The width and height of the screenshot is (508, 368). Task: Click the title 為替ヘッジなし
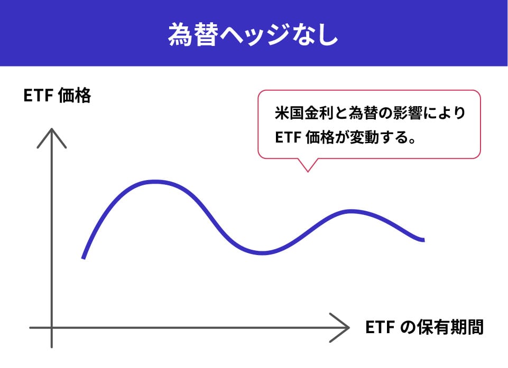(253, 34)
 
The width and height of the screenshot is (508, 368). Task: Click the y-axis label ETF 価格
(57, 96)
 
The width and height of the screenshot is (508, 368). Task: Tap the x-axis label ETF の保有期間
(424, 327)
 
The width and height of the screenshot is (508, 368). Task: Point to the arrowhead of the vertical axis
(52, 129)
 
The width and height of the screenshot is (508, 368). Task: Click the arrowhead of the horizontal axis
(348, 327)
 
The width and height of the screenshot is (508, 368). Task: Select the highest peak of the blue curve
(155, 182)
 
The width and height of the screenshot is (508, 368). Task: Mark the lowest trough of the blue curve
(263, 253)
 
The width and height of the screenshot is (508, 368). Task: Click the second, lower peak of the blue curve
(352, 212)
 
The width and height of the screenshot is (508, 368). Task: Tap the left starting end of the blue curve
(83, 258)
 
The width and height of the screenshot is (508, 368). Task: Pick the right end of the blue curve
(423, 240)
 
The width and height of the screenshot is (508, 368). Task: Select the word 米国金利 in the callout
(304, 114)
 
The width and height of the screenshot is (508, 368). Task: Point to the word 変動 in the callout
(364, 138)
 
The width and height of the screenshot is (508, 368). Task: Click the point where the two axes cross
(52, 327)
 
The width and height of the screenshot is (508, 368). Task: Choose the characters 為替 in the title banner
(192, 34)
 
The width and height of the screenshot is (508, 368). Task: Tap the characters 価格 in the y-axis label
(75, 96)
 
